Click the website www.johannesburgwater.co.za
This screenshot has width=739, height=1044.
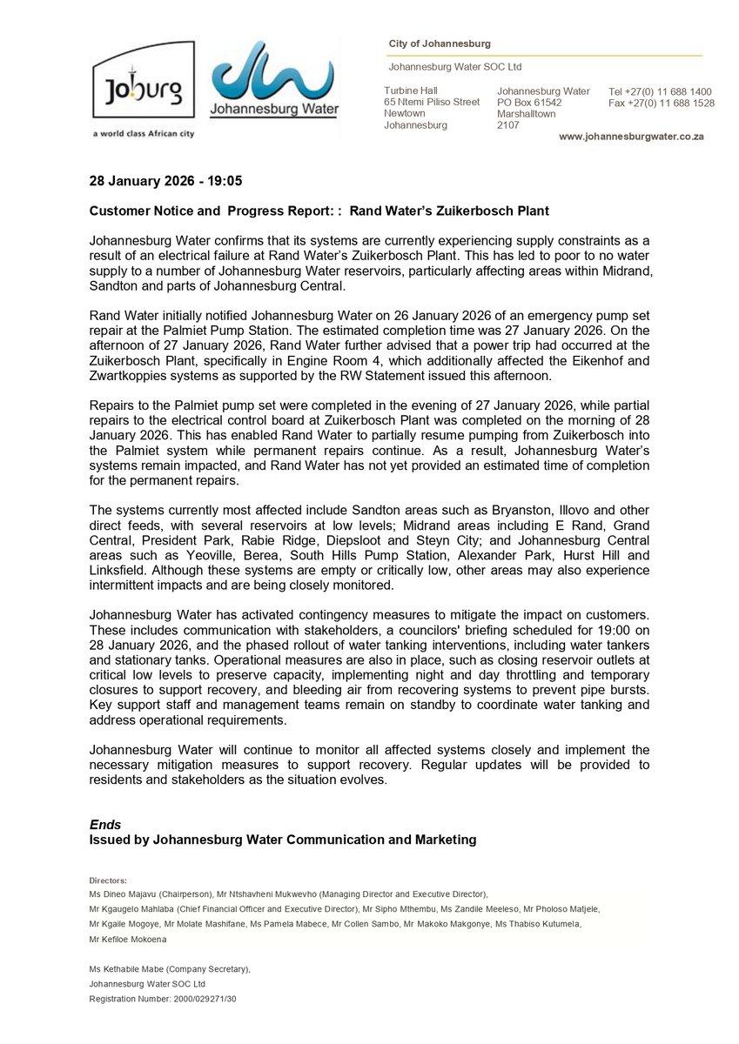631,137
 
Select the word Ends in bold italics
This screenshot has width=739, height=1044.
105,824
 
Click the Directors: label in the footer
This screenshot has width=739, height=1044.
108,880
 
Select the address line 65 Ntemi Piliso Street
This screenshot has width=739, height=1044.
432,102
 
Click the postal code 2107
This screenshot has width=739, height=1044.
508,124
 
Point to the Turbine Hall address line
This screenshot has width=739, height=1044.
411,90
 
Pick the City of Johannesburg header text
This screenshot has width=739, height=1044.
439,43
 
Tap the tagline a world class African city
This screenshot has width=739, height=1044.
144,134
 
